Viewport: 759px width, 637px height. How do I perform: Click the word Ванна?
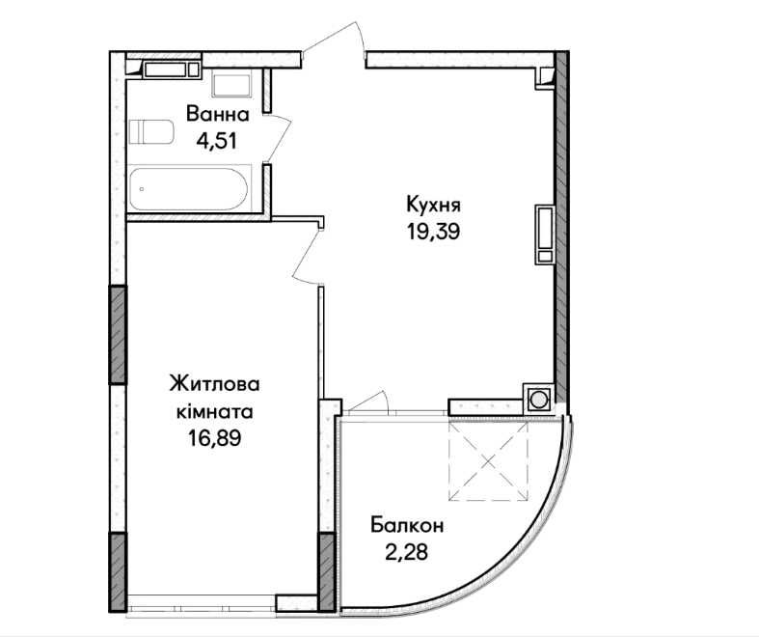218,115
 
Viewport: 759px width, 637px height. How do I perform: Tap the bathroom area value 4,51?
216,141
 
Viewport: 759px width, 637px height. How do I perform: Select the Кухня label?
433,205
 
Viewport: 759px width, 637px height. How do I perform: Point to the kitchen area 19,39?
433,232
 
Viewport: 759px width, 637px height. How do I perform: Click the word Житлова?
214,384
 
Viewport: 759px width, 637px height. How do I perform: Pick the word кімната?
214,412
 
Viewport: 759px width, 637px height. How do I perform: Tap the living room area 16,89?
214,438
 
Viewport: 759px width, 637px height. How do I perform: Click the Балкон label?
407,525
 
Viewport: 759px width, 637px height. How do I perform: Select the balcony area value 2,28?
407,552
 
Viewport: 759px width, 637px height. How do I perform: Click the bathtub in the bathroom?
189,188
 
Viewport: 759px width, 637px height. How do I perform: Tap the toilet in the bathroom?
151,132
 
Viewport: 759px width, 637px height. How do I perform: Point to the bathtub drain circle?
142,189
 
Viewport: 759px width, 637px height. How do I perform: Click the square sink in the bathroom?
231,83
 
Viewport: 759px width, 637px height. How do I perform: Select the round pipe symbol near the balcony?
538,401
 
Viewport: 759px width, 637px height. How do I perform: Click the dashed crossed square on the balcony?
488,460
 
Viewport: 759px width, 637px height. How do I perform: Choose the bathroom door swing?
280,138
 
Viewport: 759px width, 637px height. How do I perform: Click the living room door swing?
308,256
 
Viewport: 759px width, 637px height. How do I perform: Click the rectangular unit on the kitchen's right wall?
545,235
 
